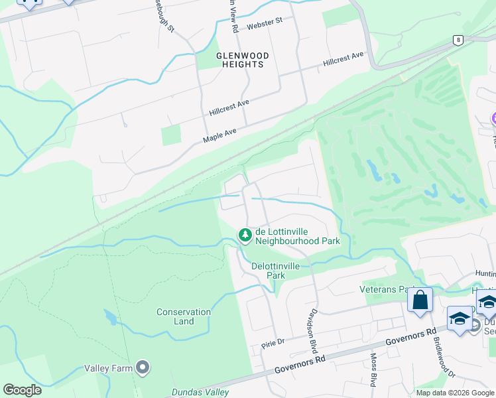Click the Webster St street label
coord(264,24)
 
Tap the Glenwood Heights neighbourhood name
coord(240,60)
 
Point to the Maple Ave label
coord(219,135)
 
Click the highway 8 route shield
coord(458,40)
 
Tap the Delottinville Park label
coord(276,270)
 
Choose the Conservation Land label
coord(184,316)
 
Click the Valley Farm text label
coord(108,368)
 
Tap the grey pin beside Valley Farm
coord(142,367)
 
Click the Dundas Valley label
coord(200,392)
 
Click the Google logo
coord(22,390)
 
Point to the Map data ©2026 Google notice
coord(455,393)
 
